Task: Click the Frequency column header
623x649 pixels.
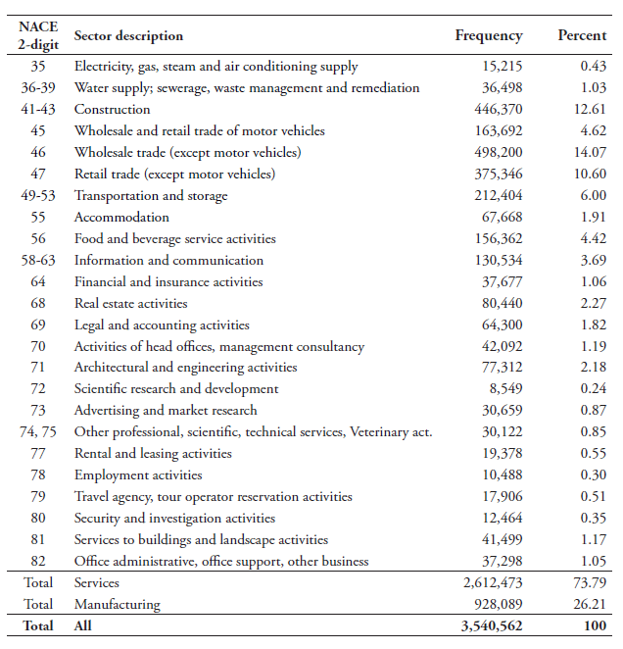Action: click(489, 36)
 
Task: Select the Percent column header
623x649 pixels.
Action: click(582, 36)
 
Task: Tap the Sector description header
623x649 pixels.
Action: click(128, 36)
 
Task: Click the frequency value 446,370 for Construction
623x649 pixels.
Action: click(493, 110)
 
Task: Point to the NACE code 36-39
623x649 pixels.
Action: click(38, 88)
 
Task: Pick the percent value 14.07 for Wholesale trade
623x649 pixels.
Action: click(591, 153)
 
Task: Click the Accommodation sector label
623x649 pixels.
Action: click(121, 218)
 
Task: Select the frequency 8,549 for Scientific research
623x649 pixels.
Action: click(503, 389)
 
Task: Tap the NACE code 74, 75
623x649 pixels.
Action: click(38, 432)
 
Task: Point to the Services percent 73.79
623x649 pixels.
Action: click(591, 583)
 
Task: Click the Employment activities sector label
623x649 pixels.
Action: click(138, 475)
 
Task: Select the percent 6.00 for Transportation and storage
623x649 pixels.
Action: click(594, 196)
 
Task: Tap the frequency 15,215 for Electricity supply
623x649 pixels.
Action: click(500, 67)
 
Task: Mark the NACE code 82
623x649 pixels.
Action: click(38, 562)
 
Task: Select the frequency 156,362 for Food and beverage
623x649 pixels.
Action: click(493, 239)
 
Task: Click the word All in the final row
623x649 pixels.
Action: click(83, 625)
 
